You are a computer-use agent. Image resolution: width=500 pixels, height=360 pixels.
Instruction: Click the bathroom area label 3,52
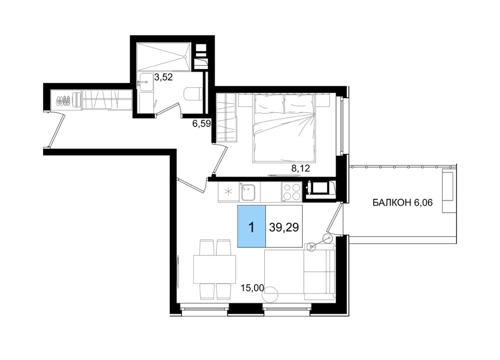click(163, 77)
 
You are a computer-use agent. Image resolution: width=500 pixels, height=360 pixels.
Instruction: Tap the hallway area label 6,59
click(201, 124)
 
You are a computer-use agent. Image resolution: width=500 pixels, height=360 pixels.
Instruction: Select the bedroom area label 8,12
click(300, 168)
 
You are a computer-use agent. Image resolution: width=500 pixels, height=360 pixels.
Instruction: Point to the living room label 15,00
click(253, 288)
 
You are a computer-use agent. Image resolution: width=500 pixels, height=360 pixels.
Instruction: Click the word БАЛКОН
click(392, 202)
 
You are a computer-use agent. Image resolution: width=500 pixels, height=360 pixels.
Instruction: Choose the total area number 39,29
click(284, 227)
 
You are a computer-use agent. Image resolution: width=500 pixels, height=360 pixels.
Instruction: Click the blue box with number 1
click(251, 226)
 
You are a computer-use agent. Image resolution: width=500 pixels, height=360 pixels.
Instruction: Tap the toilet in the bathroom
click(194, 94)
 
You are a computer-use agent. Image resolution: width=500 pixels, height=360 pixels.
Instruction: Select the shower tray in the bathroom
click(164, 57)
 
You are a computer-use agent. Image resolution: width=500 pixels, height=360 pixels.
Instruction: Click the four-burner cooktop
click(291, 192)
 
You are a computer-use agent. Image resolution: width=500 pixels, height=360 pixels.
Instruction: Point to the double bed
click(284, 127)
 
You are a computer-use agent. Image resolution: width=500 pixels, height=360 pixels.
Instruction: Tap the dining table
click(214, 269)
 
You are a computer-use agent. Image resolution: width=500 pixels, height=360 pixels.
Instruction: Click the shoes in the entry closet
click(64, 101)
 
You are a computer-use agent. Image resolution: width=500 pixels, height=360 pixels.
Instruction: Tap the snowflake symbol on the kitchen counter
click(228, 192)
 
